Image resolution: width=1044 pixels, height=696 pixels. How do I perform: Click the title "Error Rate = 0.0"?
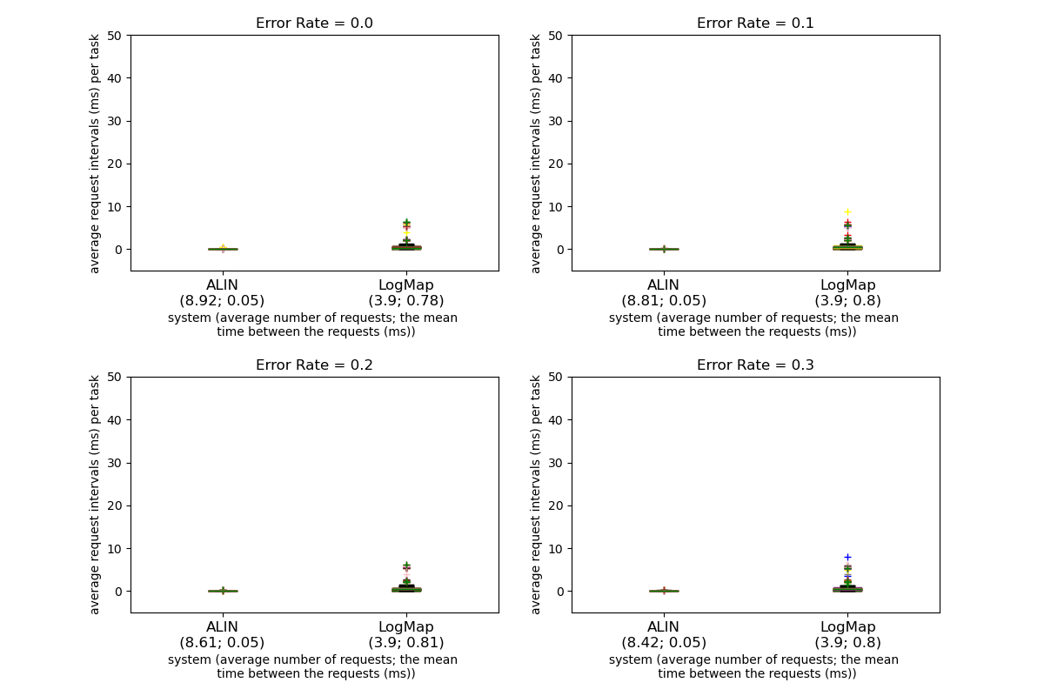314,23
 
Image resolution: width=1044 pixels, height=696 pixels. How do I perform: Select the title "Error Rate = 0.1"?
755,23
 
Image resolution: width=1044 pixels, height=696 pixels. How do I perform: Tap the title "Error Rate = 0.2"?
314,365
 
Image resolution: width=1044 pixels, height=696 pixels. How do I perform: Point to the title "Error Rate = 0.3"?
755,365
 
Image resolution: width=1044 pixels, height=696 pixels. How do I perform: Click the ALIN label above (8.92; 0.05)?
222,285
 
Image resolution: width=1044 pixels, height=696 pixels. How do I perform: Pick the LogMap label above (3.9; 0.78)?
406,285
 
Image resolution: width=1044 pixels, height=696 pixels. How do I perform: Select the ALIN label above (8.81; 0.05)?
663,285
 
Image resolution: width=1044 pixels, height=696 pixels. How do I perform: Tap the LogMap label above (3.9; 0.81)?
406,627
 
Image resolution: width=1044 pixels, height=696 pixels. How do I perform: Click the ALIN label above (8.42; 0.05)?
663,627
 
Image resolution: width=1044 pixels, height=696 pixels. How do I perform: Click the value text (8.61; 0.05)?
222,643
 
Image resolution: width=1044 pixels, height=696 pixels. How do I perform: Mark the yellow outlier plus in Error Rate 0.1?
847,211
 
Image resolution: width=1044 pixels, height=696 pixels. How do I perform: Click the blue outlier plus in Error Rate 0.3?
847,557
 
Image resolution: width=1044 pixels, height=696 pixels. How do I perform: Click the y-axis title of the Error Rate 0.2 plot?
95,494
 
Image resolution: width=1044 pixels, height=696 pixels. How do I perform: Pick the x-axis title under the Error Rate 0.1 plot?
753,325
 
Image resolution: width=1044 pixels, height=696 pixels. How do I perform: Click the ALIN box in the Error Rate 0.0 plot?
223,249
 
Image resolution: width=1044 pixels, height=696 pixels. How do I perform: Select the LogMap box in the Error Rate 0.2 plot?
406,589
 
